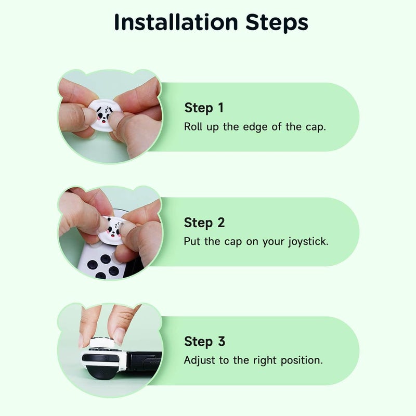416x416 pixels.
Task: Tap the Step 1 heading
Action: (x=204, y=108)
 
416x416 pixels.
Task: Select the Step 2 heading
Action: (x=204, y=223)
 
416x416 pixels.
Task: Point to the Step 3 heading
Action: (x=204, y=342)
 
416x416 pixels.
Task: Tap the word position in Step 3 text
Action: (x=303, y=360)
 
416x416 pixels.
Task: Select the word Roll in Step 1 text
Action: (x=193, y=127)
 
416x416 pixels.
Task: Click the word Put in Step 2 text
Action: (x=192, y=242)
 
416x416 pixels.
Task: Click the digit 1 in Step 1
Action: (x=220, y=108)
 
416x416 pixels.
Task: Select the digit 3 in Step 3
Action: (x=220, y=342)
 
